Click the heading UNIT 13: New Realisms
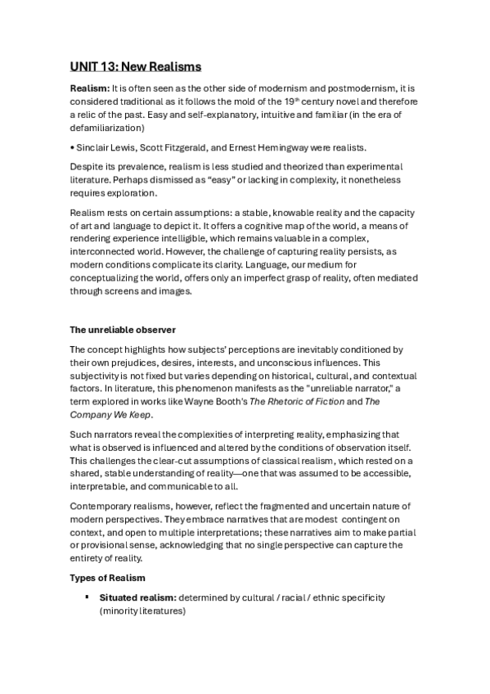pos(135,66)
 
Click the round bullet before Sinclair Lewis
pos(71,147)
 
